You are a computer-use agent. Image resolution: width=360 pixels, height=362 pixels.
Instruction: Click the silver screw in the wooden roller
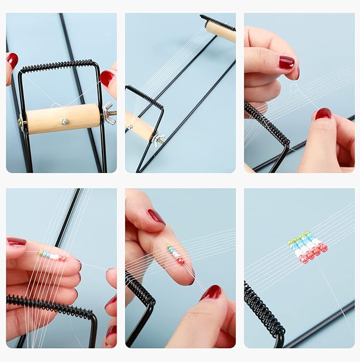(x=65, y=122)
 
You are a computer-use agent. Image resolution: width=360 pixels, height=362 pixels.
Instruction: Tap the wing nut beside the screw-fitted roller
(x=110, y=114)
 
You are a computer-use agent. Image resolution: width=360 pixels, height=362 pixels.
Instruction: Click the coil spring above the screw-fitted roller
(x=58, y=66)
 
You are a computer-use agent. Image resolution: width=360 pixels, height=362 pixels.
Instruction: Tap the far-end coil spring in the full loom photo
(x=217, y=22)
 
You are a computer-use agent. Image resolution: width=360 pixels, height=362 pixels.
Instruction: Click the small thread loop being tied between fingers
(x=293, y=89)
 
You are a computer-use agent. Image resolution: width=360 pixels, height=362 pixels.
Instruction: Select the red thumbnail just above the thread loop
(x=287, y=63)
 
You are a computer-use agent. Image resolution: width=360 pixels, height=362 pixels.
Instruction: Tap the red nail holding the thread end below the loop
(x=323, y=114)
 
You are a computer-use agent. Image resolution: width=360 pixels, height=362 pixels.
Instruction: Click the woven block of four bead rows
(x=308, y=246)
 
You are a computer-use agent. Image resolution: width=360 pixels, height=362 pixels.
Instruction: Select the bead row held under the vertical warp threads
(x=53, y=256)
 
